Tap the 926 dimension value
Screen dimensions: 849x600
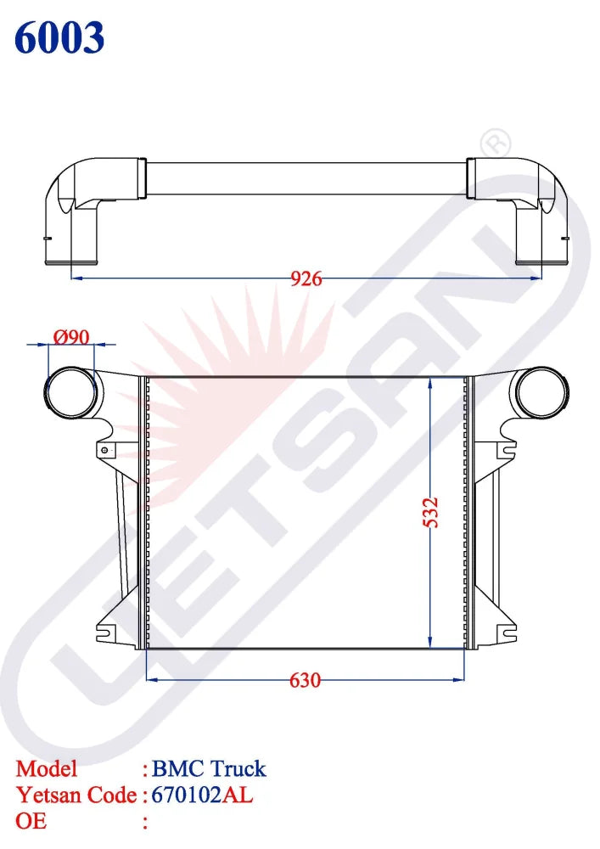tap(306, 278)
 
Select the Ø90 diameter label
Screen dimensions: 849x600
tap(71, 337)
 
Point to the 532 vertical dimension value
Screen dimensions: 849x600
tap(431, 513)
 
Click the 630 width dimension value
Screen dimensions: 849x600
tap(306, 680)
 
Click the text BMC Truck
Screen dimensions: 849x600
tap(209, 769)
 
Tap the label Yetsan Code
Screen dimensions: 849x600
tap(76, 796)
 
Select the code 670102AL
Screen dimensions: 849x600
tap(202, 796)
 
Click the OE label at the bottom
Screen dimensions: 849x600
tap(31, 821)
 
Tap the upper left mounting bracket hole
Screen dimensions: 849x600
tap(104, 449)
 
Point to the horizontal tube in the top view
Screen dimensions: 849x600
tap(306, 177)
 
